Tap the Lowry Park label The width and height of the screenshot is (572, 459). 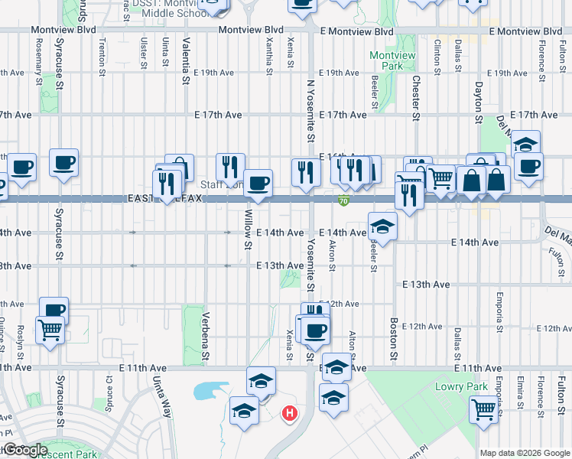pyautogui.click(x=460, y=386)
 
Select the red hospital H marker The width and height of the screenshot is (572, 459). pyautogui.click(x=290, y=414)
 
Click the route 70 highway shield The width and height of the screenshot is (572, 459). pyautogui.click(x=345, y=200)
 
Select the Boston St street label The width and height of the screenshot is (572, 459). pyautogui.click(x=394, y=339)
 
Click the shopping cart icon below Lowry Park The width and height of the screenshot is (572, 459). pyautogui.click(x=483, y=409)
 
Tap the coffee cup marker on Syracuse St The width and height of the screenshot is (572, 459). pyautogui.click(x=63, y=163)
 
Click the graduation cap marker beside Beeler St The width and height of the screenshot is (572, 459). pyautogui.click(x=382, y=226)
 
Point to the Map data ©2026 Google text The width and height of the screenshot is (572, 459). pyautogui.click(x=524, y=453)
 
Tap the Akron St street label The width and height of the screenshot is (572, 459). pyautogui.click(x=332, y=256)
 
